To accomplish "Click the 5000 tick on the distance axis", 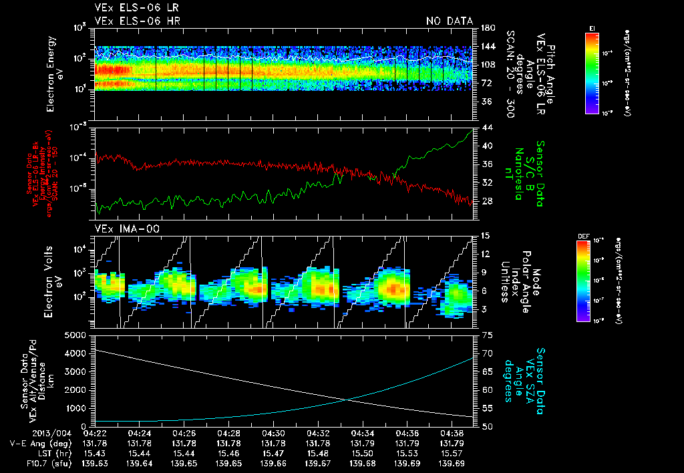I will [x=76, y=334].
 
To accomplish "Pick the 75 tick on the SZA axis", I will [x=486, y=335].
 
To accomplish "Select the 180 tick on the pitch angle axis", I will [x=488, y=28].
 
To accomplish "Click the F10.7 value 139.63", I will [x=94, y=462].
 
